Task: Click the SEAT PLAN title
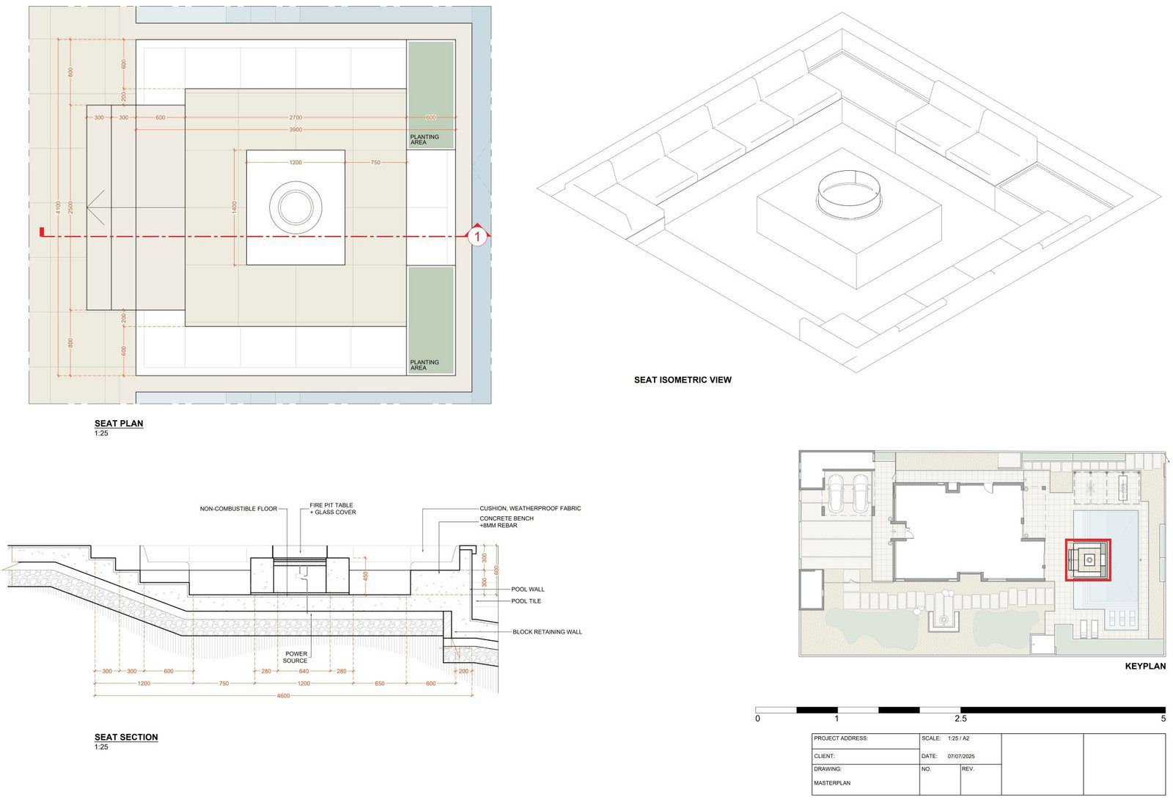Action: [x=118, y=423]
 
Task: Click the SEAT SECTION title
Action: [x=125, y=737]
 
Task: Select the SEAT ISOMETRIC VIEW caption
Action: [x=682, y=380]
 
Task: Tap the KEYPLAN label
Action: [x=1144, y=666]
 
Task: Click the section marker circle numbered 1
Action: [x=477, y=236]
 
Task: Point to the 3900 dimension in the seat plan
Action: [x=295, y=130]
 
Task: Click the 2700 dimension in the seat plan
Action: [x=295, y=117]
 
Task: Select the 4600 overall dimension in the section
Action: [x=283, y=696]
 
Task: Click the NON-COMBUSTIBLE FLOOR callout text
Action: [x=238, y=509]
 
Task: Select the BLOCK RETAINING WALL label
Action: [x=547, y=631]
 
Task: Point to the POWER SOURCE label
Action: [x=295, y=657]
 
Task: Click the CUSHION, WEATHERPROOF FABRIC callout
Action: [x=530, y=508]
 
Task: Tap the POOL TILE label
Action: [x=526, y=601]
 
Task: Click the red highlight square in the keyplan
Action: [x=1088, y=560]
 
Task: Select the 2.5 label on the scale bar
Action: [x=960, y=719]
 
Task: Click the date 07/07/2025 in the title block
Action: [x=960, y=756]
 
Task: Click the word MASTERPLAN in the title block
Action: [x=831, y=783]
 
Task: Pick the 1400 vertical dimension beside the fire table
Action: [x=235, y=207]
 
